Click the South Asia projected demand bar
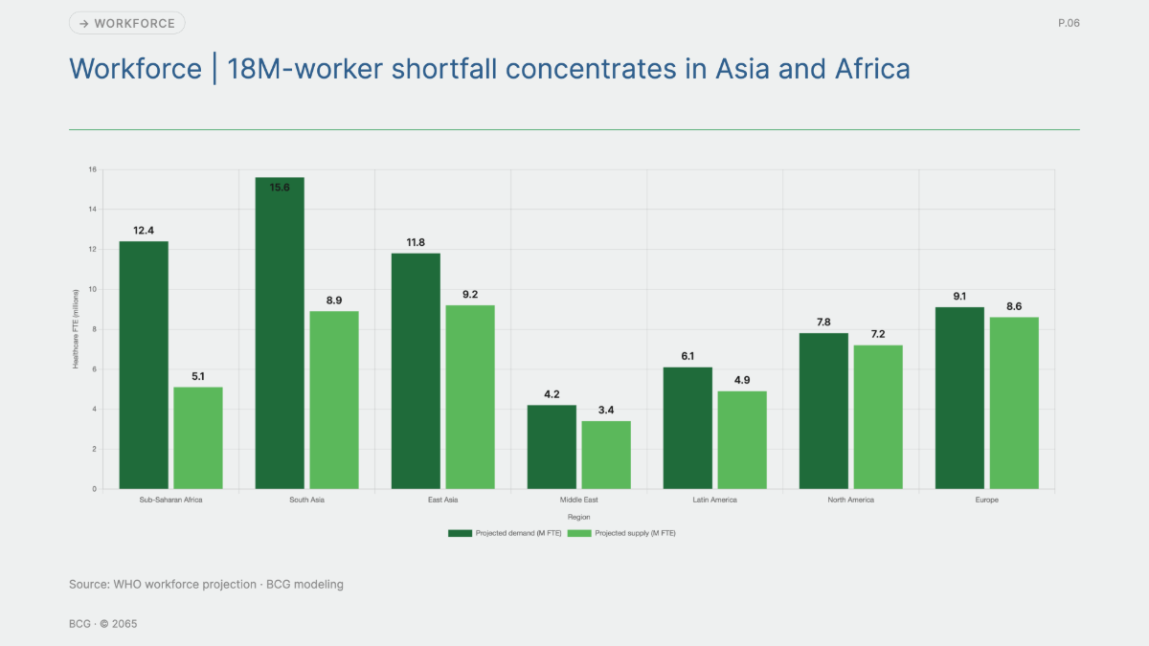280,333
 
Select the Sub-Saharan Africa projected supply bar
198,438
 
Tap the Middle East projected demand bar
552,447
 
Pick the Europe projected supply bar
1014,403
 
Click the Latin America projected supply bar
742,440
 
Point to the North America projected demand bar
823,412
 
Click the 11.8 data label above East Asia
416,242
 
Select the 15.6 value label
280,188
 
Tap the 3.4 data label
606,411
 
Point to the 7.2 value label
878,334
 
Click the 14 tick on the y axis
92,210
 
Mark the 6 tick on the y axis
95,369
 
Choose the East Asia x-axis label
442,500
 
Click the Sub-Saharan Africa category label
170,500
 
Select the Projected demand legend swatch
460,533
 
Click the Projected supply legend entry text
635,533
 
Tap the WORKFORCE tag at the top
126,23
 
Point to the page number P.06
1069,23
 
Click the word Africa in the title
872,69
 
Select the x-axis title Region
578,518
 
